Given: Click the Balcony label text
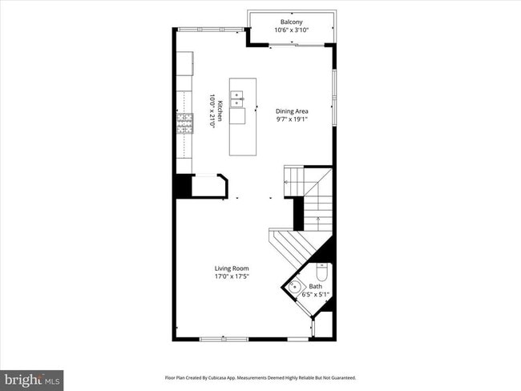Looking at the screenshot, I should pyautogui.click(x=291, y=22).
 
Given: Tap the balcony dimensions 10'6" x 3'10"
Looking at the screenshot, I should pyautogui.click(x=291, y=30).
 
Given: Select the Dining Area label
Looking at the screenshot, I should pyautogui.click(x=292, y=111).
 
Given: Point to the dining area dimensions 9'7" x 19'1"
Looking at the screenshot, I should pyautogui.click(x=292, y=120).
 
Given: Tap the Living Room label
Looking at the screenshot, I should pyautogui.click(x=231, y=268).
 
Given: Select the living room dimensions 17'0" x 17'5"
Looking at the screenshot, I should pyautogui.click(x=231, y=276).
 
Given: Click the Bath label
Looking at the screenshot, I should pyautogui.click(x=315, y=286).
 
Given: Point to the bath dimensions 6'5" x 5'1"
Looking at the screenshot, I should pyautogui.click(x=315, y=295).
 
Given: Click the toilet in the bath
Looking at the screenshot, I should pyautogui.click(x=322, y=270).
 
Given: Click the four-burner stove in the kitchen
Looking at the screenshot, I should pyautogui.click(x=185, y=123).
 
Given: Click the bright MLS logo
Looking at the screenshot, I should pyautogui.click(x=32, y=378).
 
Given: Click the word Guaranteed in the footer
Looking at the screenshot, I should pyautogui.click(x=340, y=377).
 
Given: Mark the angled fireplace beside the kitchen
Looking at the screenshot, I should pyautogui.click(x=211, y=186).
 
